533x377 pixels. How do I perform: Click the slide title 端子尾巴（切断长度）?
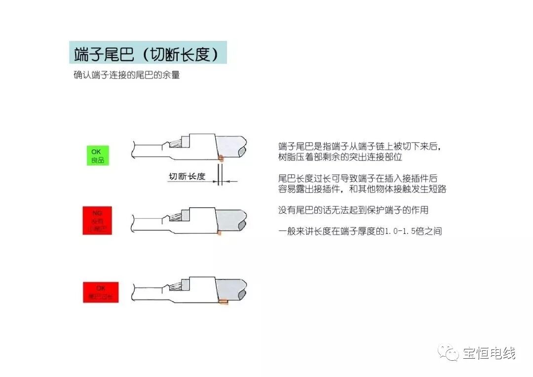(147, 53)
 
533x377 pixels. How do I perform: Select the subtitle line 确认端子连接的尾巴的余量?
(126, 76)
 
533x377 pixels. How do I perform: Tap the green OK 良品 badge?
(98, 155)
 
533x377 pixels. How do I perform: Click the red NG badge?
(97, 221)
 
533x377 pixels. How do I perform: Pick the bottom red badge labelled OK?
(101, 292)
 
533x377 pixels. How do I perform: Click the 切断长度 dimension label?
(187, 176)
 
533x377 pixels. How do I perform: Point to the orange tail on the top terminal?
(221, 158)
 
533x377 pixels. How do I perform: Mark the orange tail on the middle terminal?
(219, 232)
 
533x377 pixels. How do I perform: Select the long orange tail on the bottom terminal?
(223, 301)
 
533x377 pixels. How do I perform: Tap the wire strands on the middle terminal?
(176, 217)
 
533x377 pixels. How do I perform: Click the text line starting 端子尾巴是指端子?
(358, 147)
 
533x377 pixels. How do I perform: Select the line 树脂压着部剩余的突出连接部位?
(341, 157)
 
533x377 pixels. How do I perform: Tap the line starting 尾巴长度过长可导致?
(358, 178)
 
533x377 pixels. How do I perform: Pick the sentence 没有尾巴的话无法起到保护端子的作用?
(353, 210)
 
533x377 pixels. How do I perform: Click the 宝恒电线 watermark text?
(489, 353)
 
